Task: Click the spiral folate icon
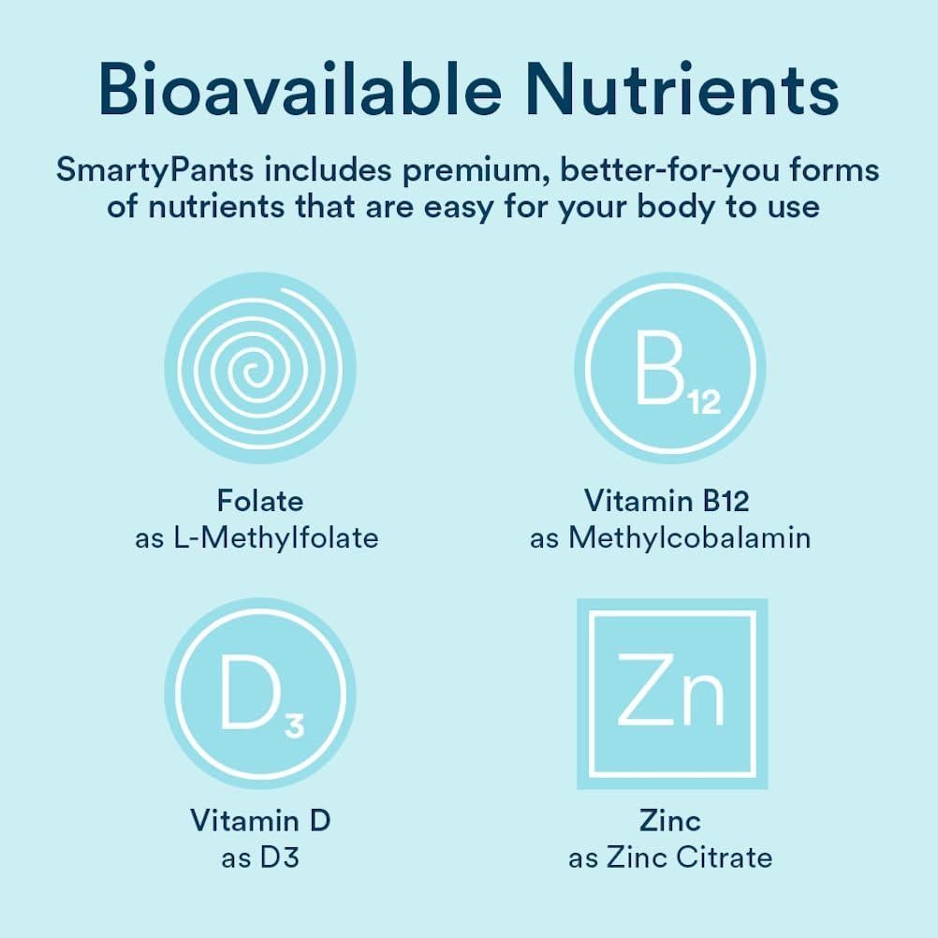[259, 368]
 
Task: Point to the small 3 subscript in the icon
[294, 725]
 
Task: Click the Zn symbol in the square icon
[670, 694]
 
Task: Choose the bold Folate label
[260, 501]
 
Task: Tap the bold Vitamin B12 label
[667, 501]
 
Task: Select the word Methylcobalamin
[689, 538]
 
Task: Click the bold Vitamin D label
[260, 821]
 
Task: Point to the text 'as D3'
[260, 857]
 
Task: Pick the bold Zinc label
[670, 821]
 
